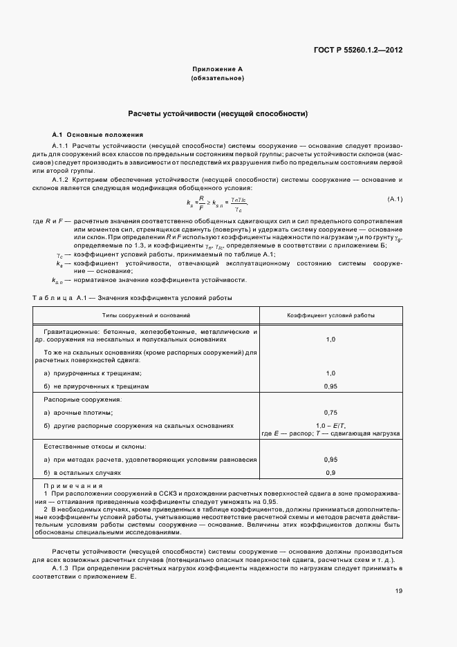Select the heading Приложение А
tap(217, 70)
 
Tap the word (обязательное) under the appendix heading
tap(217, 79)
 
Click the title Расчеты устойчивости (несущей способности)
tap(218, 113)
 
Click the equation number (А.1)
tap(395, 200)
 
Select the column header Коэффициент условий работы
tap(331, 315)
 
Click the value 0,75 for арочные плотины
tap(330, 412)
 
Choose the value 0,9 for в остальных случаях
tap(330, 473)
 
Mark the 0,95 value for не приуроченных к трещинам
tap(330, 386)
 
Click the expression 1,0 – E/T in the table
tap(330, 424)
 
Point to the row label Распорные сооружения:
tap(83, 400)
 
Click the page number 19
tap(399, 591)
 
